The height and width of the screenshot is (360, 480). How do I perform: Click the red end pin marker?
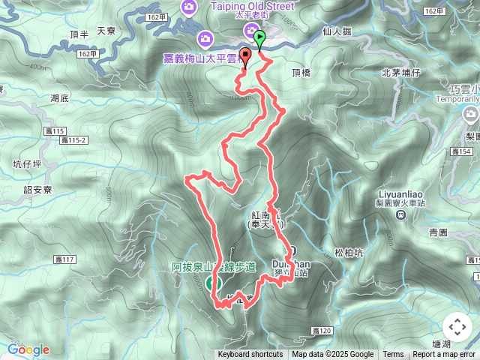pyautogui.click(x=244, y=61)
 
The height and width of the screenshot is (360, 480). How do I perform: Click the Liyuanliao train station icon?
pyautogui.click(x=401, y=215)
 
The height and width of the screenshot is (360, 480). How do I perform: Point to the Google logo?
pyautogui.click(x=28, y=349)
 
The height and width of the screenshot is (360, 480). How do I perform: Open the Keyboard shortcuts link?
pyautogui.click(x=250, y=355)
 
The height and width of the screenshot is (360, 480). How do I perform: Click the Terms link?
pyautogui.click(x=393, y=355)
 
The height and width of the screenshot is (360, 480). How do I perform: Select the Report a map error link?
pyautogui.click(x=444, y=355)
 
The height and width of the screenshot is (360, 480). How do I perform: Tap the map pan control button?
pyautogui.click(x=457, y=327)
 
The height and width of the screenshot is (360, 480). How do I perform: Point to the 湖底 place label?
pyautogui.click(x=59, y=97)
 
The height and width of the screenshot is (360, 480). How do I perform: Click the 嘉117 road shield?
pyautogui.click(x=65, y=259)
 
